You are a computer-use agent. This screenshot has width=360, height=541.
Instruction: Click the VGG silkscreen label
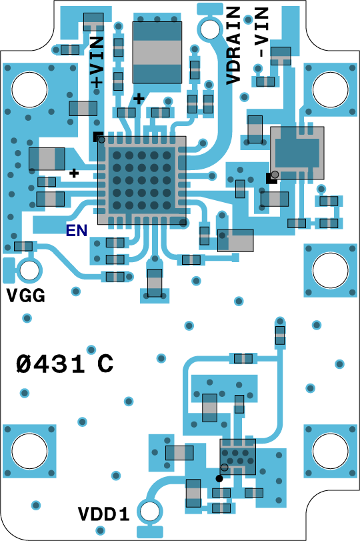click(26, 296)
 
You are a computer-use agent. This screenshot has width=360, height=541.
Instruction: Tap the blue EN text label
click(77, 231)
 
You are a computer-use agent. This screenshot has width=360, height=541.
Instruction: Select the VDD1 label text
click(104, 514)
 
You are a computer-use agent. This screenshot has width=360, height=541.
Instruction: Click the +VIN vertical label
click(97, 61)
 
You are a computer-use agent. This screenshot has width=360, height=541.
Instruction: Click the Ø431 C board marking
click(65, 364)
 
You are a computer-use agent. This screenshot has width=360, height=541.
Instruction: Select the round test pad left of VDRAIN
click(209, 29)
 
